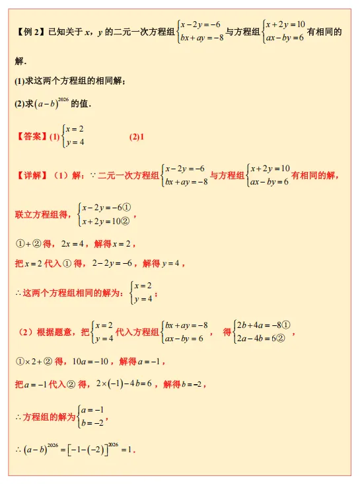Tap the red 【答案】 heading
[29, 138]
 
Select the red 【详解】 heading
[29, 176]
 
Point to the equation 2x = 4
[73, 244]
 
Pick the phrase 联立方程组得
[42, 214]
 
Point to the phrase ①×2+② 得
[39, 361]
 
